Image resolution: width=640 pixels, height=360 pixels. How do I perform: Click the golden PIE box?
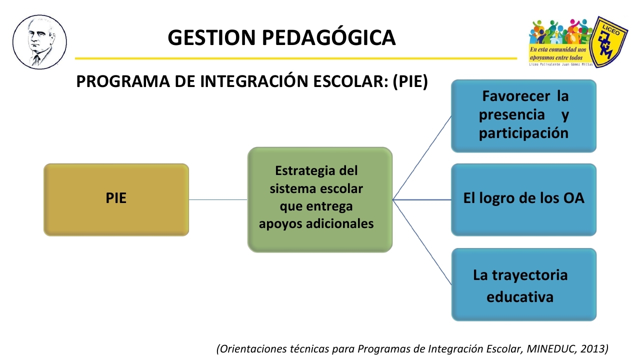pyautogui.click(x=116, y=199)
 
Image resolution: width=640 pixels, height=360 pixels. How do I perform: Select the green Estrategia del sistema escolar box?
pyautogui.click(x=320, y=199)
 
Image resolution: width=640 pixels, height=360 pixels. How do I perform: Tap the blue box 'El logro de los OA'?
pyautogui.click(x=523, y=199)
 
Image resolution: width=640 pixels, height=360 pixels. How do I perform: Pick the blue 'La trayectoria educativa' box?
pyautogui.click(x=523, y=284)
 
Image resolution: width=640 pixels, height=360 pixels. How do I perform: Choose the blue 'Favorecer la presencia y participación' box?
pyautogui.click(x=523, y=116)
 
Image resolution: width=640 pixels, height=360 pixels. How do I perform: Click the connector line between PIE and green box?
pyautogui.click(x=218, y=199)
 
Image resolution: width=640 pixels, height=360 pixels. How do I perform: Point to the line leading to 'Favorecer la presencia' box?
pyautogui.click(x=422, y=157)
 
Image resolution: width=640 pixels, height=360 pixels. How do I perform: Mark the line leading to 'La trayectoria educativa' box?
pyautogui.click(x=422, y=242)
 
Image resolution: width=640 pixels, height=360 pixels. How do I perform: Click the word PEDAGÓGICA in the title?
pyautogui.click(x=329, y=37)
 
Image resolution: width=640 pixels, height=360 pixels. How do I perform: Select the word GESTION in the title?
pyautogui.click(x=211, y=37)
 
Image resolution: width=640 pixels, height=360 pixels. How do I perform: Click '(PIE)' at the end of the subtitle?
pyautogui.click(x=410, y=81)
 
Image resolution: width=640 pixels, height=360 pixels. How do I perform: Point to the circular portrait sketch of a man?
pyautogui.click(x=39, y=42)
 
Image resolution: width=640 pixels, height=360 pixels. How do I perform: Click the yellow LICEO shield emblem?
pyautogui.click(x=608, y=42)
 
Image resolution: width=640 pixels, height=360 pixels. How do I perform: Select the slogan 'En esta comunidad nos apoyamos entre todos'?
pyautogui.click(x=558, y=53)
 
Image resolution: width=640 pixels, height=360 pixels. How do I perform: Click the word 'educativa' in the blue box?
pyautogui.click(x=520, y=297)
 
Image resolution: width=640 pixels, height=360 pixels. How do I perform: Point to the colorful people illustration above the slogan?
pyautogui.click(x=559, y=31)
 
